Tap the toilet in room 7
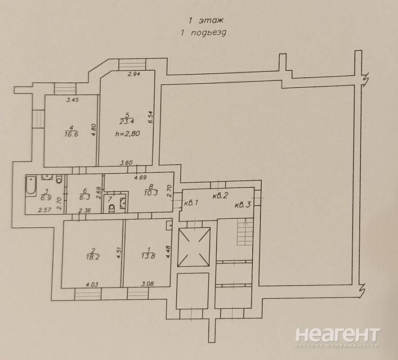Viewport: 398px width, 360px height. [112, 208]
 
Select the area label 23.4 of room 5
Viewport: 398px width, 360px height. [127, 121]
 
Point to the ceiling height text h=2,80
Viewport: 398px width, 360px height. [127, 134]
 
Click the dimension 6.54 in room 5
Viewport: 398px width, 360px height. [151, 117]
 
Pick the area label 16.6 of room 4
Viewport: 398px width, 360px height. [72, 134]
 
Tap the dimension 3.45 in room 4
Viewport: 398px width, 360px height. [72, 99]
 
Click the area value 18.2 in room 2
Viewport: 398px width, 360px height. [93, 257]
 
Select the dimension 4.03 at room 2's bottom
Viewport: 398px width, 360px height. [92, 284]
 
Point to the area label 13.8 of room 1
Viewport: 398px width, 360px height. [148, 256]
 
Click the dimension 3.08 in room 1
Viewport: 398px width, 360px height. [148, 283]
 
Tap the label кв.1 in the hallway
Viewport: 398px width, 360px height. [191, 203]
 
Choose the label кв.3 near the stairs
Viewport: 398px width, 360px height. [243, 205]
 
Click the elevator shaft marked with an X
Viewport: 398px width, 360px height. [194, 247]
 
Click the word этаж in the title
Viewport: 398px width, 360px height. [211, 20]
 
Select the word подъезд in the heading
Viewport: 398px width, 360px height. [208, 33]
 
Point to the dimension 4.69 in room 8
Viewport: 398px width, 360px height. [140, 178]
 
